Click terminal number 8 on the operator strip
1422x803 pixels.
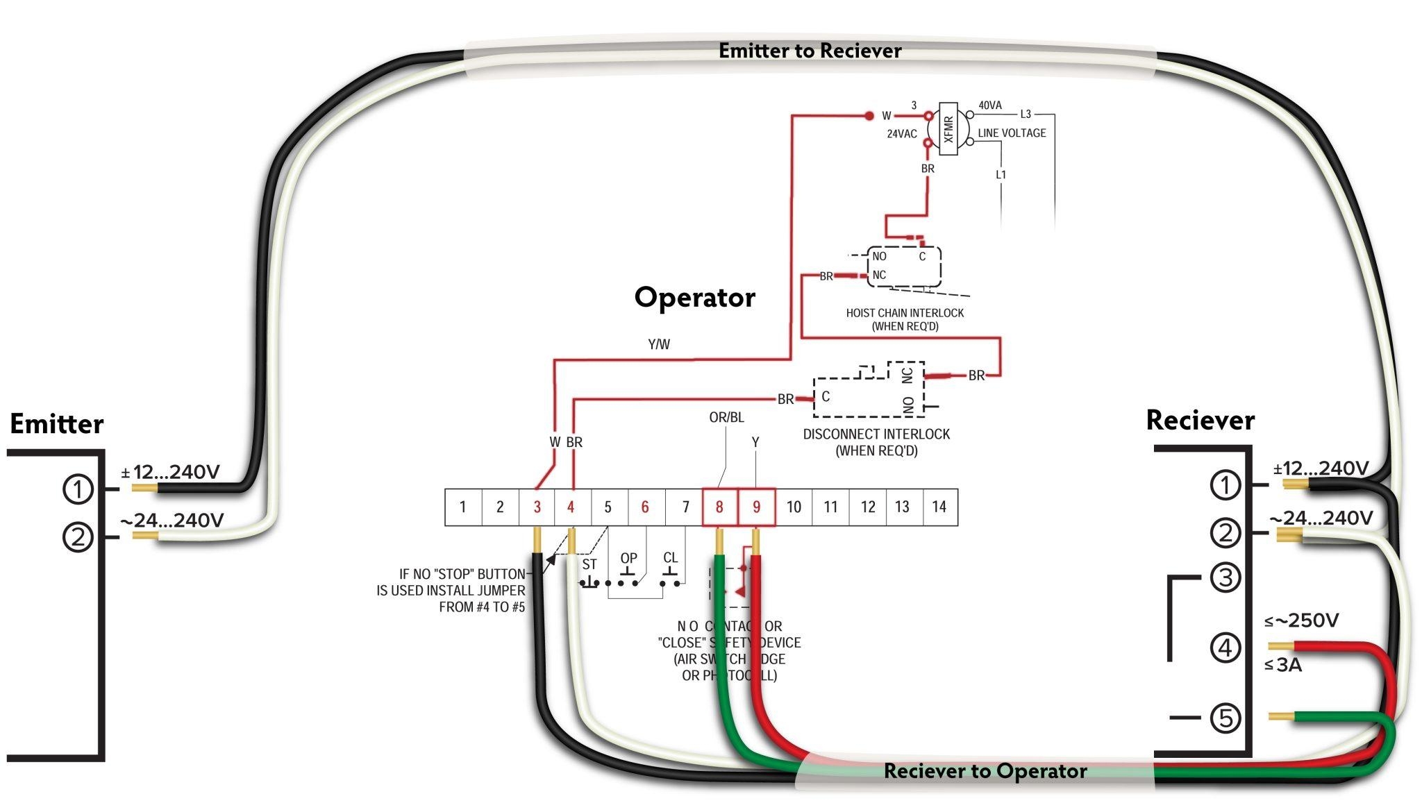[x=719, y=507]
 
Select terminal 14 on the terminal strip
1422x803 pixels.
[x=939, y=507]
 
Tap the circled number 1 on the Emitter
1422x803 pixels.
[x=78, y=489]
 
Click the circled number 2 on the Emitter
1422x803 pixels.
[x=78, y=536]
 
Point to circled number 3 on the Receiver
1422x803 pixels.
[x=1225, y=577]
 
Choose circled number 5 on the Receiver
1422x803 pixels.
[x=1225, y=718]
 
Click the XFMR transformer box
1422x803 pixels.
[x=948, y=128]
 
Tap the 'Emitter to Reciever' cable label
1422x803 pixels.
[x=810, y=51]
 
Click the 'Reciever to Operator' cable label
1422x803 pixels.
[x=985, y=771]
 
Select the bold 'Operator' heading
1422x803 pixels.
[x=694, y=297]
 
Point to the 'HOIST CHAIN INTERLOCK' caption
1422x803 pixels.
[x=905, y=313]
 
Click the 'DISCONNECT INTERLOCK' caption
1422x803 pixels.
[x=876, y=434]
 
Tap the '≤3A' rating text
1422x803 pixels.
[x=1283, y=665]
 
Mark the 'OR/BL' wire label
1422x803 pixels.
[x=726, y=417]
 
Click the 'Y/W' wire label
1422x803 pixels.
[x=658, y=344]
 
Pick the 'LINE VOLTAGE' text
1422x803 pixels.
[x=1012, y=133]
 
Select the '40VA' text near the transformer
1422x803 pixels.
[x=990, y=105]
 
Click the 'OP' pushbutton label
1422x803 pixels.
[x=628, y=558]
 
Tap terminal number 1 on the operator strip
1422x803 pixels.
[x=462, y=507]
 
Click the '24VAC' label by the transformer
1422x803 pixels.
[x=901, y=134]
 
